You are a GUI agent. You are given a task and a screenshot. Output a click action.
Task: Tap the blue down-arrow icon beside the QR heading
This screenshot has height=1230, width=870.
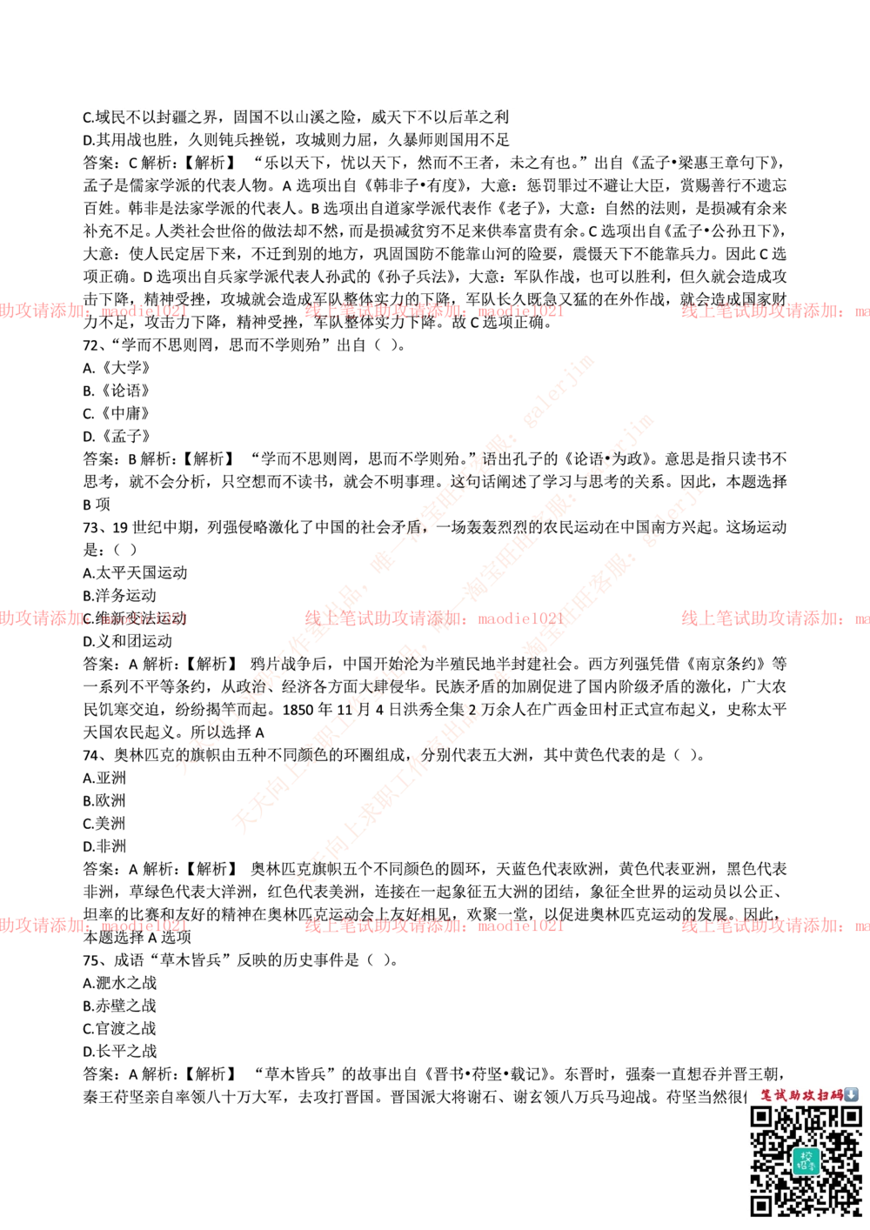point(851,1094)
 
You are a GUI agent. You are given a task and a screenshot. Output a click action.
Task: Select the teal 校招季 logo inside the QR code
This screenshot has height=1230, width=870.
point(806,1160)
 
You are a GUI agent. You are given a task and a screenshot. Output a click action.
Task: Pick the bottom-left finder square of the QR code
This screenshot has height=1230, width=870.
point(762,1205)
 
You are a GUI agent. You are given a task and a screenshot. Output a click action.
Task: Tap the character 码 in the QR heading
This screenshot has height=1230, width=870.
point(836,1094)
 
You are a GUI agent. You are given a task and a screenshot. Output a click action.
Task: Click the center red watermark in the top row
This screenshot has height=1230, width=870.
point(433,311)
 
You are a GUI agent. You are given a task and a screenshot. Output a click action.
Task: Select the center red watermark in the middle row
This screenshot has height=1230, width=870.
point(433,618)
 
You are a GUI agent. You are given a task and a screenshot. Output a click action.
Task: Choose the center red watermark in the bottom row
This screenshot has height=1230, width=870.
point(433,926)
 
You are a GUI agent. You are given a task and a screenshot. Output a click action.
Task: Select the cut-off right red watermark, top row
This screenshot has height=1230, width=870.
point(774,311)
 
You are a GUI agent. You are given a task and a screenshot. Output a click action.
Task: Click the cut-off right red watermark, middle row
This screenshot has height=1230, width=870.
point(774,618)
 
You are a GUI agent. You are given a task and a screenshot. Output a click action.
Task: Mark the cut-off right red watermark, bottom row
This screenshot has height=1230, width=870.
point(774,926)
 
